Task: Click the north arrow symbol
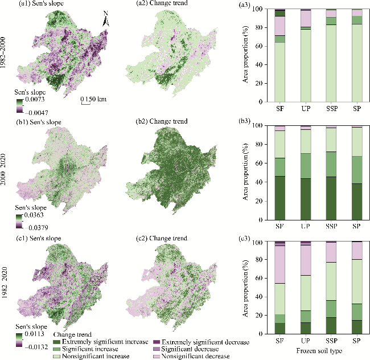[x=106, y=19]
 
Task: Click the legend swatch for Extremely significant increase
[x=57, y=342]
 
